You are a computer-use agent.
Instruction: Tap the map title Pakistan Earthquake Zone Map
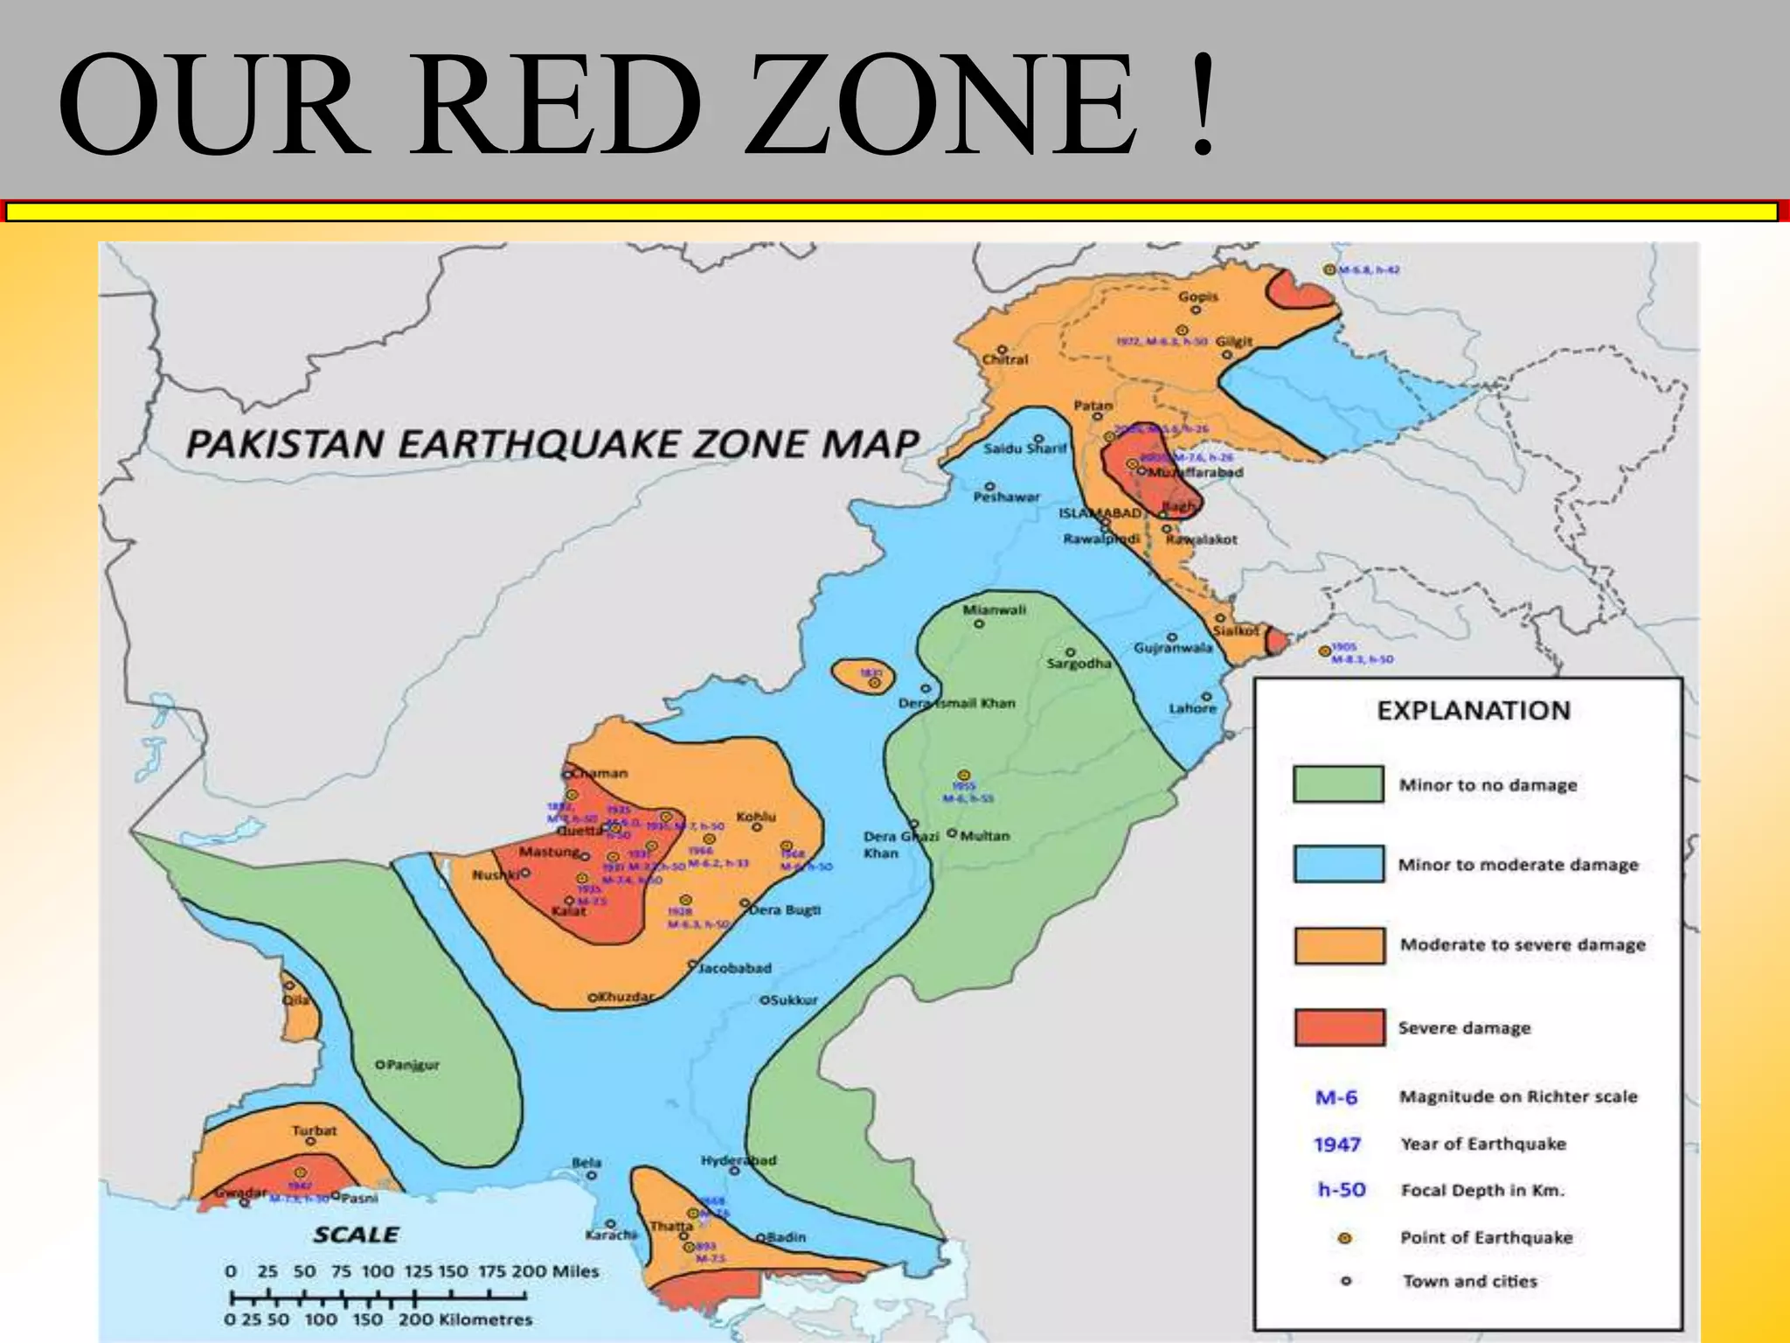point(552,444)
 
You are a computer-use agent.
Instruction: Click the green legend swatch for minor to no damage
point(1338,784)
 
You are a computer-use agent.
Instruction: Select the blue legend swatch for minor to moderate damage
point(1338,864)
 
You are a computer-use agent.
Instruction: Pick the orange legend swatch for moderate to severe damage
point(1339,945)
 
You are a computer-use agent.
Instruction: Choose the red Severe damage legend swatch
point(1339,1027)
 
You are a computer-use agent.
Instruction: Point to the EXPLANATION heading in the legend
point(1474,710)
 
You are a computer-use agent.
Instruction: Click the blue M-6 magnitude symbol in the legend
point(1336,1097)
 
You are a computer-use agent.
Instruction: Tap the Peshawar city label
point(1007,497)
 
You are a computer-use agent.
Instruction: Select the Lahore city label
point(1193,708)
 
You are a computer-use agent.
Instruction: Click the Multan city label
point(985,836)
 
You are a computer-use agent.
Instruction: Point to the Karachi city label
point(611,1235)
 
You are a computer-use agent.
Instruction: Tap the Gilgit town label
point(1234,341)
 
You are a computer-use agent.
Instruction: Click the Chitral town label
point(1005,359)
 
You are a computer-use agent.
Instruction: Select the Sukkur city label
point(794,999)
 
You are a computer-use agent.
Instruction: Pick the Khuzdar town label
point(626,997)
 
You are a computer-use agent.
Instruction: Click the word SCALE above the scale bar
point(356,1235)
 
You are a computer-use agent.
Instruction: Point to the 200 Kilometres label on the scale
point(465,1319)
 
